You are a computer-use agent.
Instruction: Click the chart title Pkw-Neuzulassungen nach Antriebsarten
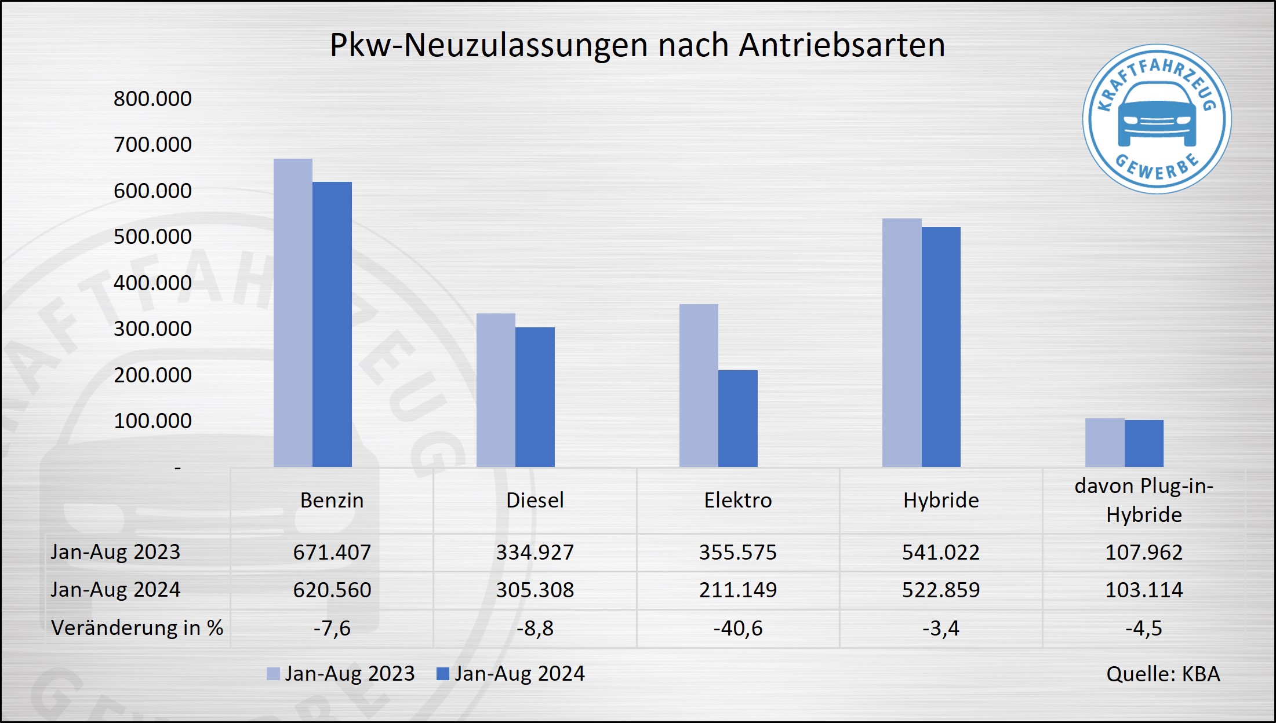coord(637,45)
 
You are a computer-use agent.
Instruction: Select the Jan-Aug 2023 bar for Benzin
coord(293,313)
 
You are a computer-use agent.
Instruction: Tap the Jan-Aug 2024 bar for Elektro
coord(737,418)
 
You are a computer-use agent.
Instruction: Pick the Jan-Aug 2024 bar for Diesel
coord(535,397)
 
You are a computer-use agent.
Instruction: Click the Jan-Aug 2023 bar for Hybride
coord(901,342)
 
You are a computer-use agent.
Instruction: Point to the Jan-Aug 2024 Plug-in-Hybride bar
coord(1144,443)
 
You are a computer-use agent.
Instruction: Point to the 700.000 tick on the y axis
coord(152,144)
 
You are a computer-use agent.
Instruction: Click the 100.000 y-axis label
coord(152,421)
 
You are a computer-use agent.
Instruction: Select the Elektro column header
coord(737,500)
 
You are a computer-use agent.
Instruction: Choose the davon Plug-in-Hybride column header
coord(1143,500)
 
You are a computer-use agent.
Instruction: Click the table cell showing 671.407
coord(332,552)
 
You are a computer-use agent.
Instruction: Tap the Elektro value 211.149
coord(737,590)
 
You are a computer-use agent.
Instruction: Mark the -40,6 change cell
coord(737,628)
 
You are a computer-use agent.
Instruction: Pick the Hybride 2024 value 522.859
coord(940,590)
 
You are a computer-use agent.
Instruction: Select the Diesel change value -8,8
coord(535,628)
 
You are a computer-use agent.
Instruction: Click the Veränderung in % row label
coord(137,628)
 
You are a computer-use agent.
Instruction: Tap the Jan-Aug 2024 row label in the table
coord(115,590)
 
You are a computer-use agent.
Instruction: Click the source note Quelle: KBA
coord(1163,674)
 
